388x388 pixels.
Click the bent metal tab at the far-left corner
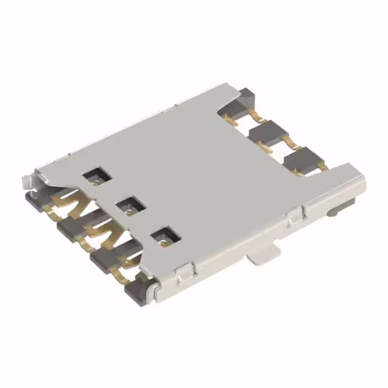[28, 180]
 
